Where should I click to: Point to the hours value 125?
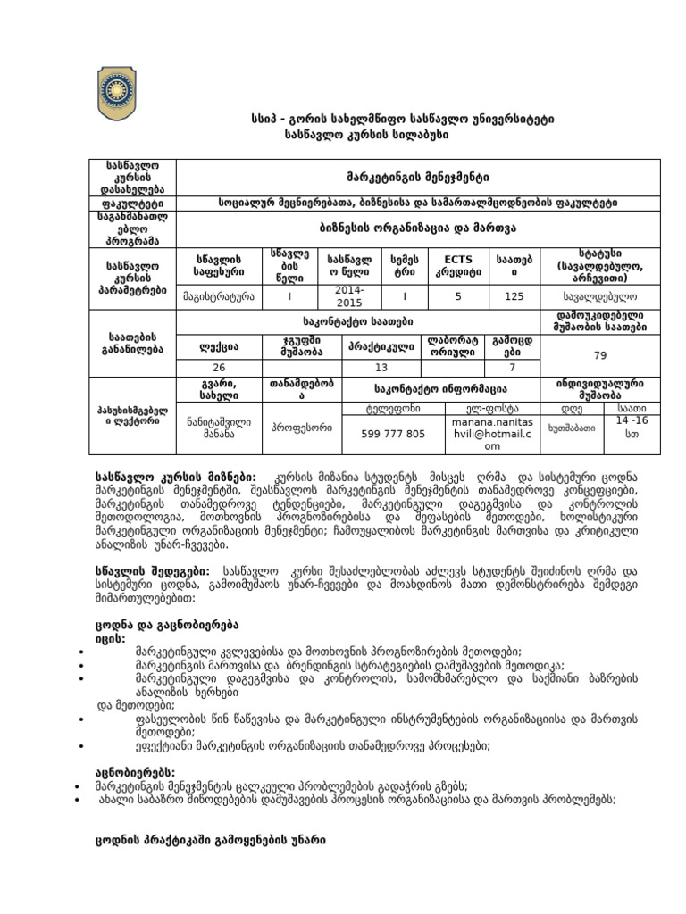(514, 296)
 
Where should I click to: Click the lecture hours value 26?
(219, 368)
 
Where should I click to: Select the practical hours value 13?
(381, 368)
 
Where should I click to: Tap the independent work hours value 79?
(600, 355)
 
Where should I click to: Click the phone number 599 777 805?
(393, 433)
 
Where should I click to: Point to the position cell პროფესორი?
(302, 428)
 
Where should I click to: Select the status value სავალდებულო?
(601, 296)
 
